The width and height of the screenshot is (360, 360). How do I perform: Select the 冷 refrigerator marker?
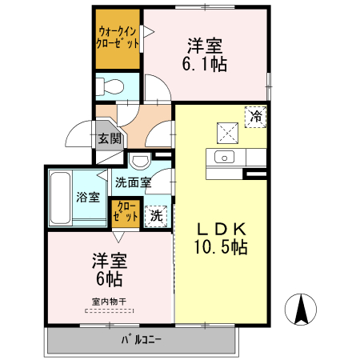coord(256,117)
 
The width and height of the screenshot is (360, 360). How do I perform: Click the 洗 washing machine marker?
coord(158,215)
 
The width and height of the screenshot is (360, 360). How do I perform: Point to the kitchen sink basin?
coord(222,156)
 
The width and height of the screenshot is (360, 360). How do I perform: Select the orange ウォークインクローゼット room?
coord(116,38)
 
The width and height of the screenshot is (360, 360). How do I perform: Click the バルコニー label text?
coord(142,339)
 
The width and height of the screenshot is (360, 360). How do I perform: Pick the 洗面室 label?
coord(133,182)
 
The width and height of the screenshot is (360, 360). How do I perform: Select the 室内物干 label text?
coord(110,301)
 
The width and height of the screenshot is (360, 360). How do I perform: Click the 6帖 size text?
coord(110,279)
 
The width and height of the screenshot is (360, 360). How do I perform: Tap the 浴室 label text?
coord(89,197)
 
